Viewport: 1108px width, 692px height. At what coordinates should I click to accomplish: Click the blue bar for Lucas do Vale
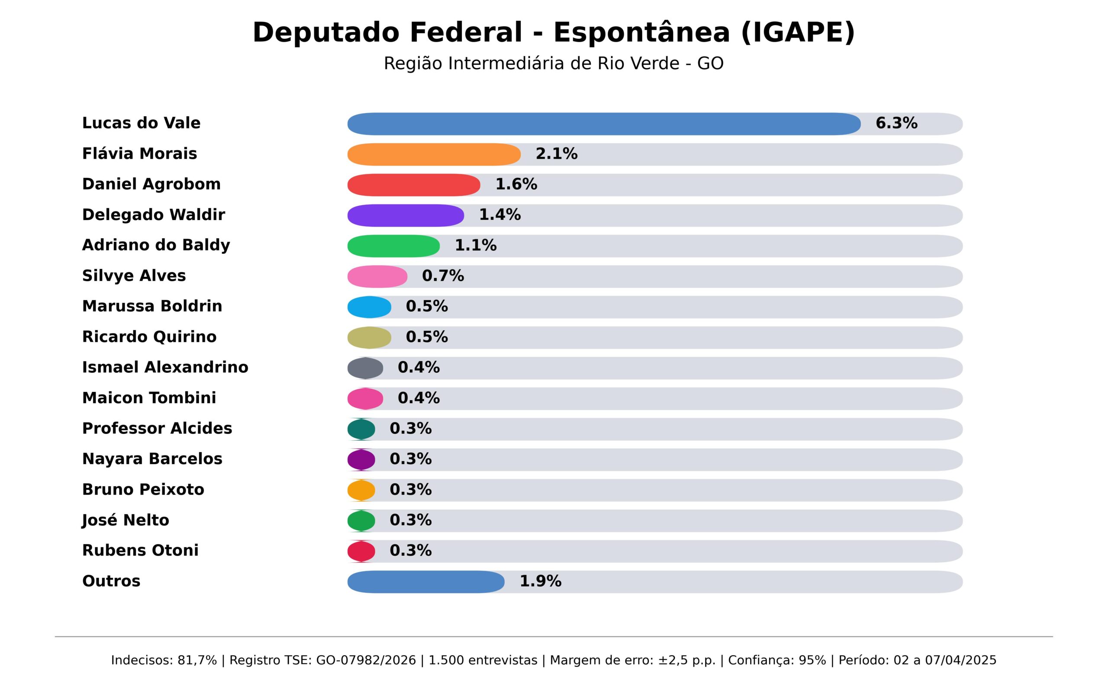pos(603,124)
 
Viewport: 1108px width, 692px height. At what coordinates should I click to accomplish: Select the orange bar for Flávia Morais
pos(434,154)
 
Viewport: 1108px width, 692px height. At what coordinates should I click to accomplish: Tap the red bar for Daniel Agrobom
pos(413,185)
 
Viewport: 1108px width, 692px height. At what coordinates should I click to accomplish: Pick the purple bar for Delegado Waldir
pos(405,215)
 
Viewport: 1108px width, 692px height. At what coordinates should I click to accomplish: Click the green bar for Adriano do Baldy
pos(393,246)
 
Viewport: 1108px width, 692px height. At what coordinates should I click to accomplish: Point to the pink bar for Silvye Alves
pos(377,276)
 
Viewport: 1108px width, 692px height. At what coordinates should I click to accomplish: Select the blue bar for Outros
pos(426,582)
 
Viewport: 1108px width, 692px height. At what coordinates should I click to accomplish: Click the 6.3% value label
pos(896,124)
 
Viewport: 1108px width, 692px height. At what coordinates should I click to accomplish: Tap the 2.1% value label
pos(556,154)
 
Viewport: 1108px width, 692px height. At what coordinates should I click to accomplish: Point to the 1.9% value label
pos(540,582)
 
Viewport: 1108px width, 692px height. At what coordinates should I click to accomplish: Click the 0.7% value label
pos(443,276)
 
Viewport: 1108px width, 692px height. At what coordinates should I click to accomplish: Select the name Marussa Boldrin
pos(152,306)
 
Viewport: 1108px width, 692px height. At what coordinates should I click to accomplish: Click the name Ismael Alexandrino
pos(165,368)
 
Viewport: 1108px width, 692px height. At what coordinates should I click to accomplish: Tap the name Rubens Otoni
pos(140,551)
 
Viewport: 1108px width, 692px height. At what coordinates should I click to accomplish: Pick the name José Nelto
pos(126,520)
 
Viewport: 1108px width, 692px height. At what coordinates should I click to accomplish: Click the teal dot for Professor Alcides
pos(361,429)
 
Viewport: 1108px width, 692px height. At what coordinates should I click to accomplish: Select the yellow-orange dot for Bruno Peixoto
pos(361,490)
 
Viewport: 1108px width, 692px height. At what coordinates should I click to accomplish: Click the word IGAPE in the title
pos(797,33)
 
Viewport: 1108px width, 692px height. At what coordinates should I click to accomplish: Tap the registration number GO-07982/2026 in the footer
pos(366,660)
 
